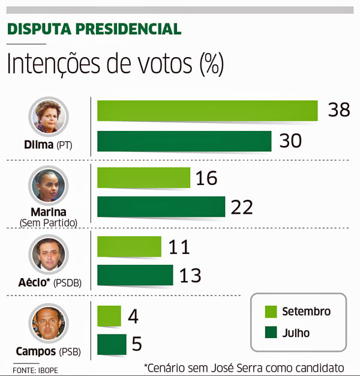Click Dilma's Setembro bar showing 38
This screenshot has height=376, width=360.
[207, 111]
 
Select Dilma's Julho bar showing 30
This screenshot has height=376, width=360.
[184, 141]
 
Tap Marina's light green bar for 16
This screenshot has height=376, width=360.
[143, 178]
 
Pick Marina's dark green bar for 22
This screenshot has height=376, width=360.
[161, 207]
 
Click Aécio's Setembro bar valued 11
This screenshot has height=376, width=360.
[129, 247]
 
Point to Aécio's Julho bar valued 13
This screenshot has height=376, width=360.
[135, 275]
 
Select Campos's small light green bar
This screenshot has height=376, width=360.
[109, 316]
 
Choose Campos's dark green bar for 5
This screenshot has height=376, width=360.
[112, 344]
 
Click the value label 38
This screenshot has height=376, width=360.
[339, 111]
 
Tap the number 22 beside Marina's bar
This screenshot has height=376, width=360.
[242, 207]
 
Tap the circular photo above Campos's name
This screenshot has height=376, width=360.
[49, 323]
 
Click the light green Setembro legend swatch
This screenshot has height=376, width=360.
[270, 311]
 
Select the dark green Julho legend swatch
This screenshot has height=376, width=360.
[270, 332]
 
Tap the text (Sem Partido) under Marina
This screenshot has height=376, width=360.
[49, 223]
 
